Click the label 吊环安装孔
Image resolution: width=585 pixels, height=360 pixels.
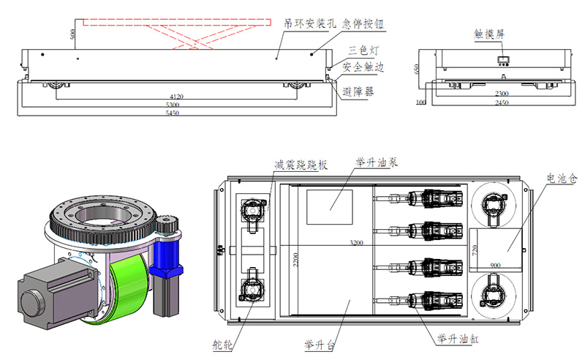coord(310,23)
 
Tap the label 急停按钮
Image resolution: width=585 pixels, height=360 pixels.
coord(363,23)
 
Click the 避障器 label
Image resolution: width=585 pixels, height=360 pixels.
coord(359,91)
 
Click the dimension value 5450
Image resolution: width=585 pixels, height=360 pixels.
coord(173,113)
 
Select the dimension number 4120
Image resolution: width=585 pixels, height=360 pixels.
coord(176,97)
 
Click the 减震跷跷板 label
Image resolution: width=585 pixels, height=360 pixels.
coord(300,165)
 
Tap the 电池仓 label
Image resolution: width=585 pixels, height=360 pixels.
coord(559,178)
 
